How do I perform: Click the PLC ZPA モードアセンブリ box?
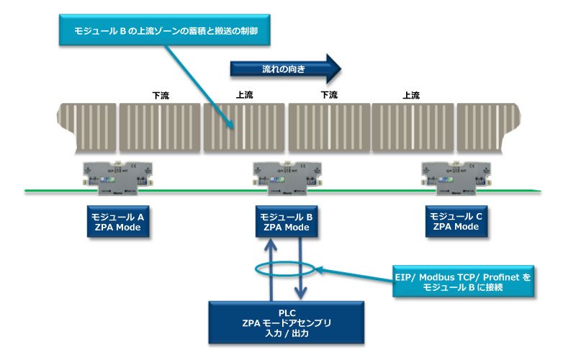tap(287, 323)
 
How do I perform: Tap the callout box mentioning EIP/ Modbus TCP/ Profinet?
tap(466, 282)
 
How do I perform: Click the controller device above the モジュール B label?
tap(285, 177)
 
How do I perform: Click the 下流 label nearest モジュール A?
tap(160, 95)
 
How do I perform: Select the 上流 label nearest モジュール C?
tap(411, 95)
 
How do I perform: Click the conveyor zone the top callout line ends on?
tap(245, 127)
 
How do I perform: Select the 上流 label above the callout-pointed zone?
tap(245, 95)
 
